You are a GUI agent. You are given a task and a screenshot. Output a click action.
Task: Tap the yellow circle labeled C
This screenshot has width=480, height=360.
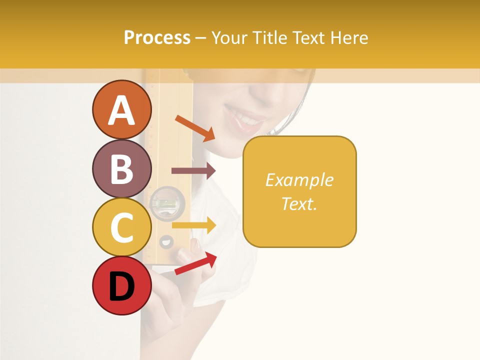(x=121, y=227)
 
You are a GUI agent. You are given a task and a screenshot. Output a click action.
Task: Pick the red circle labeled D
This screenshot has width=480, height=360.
(x=121, y=286)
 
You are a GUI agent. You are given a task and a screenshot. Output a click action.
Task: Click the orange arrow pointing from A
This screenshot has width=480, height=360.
(x=195, y=128)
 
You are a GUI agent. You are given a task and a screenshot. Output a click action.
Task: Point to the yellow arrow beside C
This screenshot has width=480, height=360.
(x=194, y=225)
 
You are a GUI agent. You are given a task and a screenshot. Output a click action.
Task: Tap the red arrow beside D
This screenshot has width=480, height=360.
(x=196, y=263)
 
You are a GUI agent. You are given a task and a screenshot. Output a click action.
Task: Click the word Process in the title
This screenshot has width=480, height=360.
(x=157, y=37)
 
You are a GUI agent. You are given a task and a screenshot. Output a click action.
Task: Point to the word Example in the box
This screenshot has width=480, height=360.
(x=299, y=180)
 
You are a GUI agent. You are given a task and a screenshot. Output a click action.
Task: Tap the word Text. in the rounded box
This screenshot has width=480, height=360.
(x=299, y=203)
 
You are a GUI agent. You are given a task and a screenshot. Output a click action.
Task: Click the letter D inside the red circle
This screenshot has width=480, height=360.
(x=121, y=286)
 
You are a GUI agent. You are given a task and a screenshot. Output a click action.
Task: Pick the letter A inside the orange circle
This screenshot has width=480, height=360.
(x=121, y=110)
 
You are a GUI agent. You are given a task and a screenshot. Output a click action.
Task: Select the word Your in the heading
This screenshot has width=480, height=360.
(x=229, y=37)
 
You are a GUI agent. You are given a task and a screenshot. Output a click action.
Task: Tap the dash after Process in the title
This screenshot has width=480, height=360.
(x=201, y=38)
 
